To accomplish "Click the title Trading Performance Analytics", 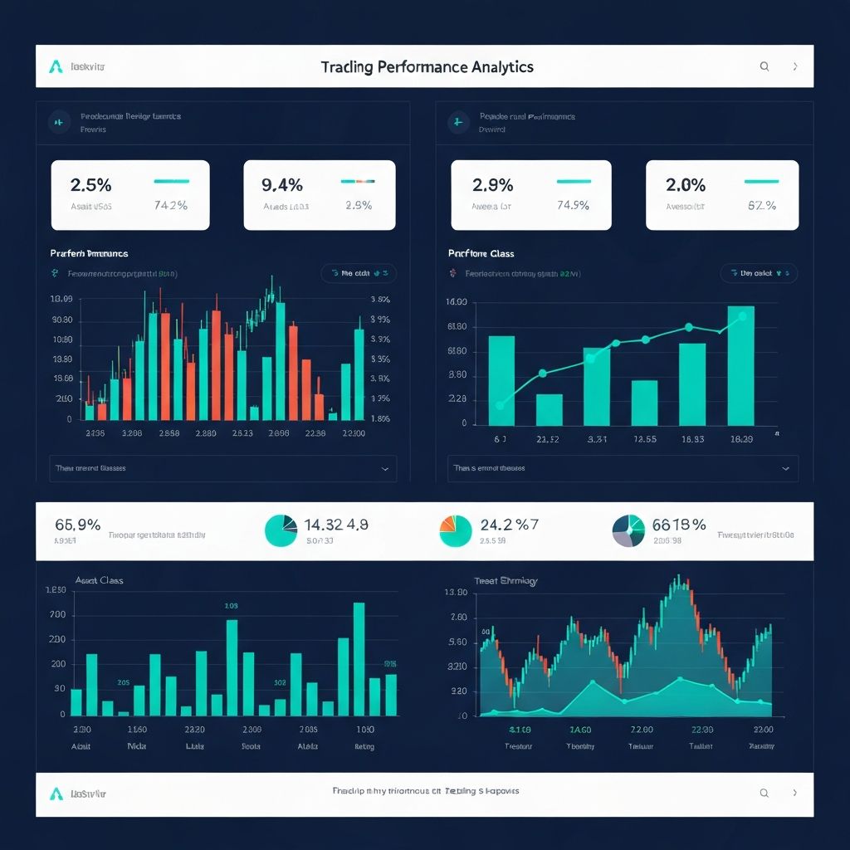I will [427, 66].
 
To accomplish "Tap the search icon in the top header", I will [765, 66].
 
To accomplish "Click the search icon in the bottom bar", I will [765, 794].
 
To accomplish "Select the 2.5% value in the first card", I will [91, 184].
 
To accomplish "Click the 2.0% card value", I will [686, 184].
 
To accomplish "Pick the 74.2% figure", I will [171, 206].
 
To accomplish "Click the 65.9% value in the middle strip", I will [78, 525].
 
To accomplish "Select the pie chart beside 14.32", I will [281, 530].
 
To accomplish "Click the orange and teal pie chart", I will [455, 530].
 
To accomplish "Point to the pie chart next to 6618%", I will [628, 530].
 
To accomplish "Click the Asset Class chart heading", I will [99, 580].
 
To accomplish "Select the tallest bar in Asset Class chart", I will [359, 658].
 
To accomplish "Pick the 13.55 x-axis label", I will [644, 439].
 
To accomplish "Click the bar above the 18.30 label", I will [740, 366].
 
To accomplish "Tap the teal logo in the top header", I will [56, 66].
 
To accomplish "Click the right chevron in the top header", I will [795, 66].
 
